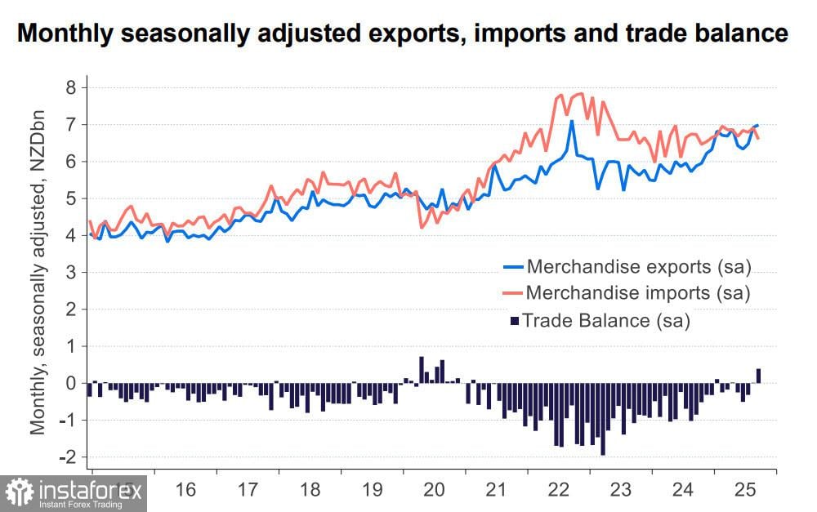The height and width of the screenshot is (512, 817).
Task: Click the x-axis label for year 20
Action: click(x=434, y=490)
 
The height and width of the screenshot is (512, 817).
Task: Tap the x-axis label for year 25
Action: click(x=743, y=490)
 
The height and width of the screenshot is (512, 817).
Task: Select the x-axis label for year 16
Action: click(x=186, y=490)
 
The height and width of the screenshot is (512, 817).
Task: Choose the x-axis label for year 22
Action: click(x=558, y=490)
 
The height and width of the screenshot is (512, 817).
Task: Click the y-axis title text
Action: click(x=38, y=271)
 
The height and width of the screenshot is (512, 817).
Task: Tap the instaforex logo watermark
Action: click(x=74, y=492)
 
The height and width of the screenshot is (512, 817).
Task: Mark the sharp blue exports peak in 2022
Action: click(x=571, y=122)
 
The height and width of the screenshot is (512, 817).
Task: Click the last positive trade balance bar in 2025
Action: click(x=758, y=376)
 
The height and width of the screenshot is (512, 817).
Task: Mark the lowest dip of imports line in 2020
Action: click(x=422, y=227)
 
